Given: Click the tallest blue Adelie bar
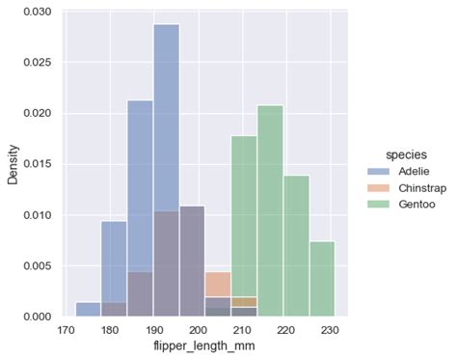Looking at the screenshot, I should click(x=166, y=116).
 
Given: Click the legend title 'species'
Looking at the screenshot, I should click(x=397, y=153).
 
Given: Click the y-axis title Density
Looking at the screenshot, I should click(x=13, y=164).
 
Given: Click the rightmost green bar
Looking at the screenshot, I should click(x=322, y=279).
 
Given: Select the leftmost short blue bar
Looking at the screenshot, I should click(x=88, y=309).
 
